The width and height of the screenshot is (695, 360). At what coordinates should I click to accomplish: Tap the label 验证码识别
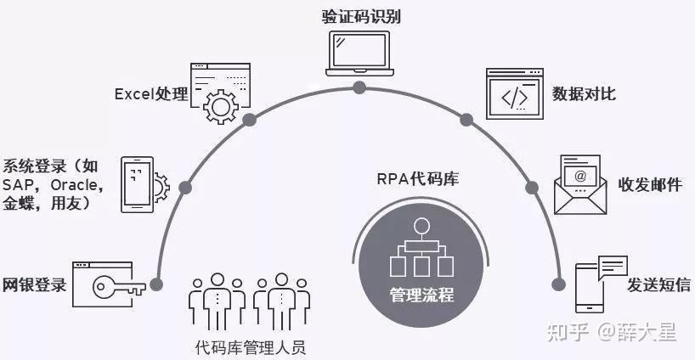point(360,14)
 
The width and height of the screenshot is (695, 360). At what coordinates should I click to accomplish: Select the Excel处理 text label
point(150,93)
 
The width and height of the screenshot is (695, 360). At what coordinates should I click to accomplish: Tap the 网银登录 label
point(35,284)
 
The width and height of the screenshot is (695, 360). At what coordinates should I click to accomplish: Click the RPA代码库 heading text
point(417,178)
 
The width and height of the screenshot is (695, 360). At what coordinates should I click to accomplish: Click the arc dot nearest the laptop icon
point(359,87)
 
